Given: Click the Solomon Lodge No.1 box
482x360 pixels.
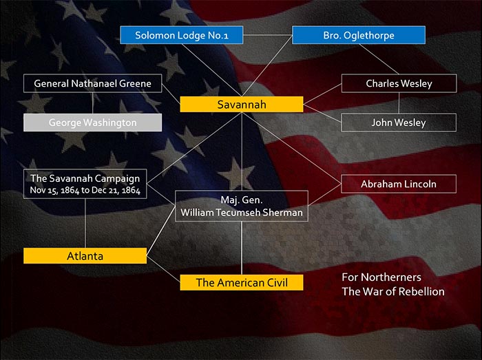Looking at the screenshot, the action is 182,35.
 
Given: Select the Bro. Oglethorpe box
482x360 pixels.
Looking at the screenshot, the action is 359,35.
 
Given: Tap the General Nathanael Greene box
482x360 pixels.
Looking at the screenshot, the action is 92,83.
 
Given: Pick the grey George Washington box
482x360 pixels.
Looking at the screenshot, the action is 92,123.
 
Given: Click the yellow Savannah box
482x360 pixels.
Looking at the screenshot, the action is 242,105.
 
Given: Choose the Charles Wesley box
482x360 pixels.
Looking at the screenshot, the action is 399,83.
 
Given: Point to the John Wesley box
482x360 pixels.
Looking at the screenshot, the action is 399,123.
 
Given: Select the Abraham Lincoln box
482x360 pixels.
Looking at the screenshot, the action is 399,184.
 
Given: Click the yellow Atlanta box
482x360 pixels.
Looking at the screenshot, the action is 85,256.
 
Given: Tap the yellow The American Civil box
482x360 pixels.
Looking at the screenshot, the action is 242,283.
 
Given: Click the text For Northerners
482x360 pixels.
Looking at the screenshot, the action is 381,277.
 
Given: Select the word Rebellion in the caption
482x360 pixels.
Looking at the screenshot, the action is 424,291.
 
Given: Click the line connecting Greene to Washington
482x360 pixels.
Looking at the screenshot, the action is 92,103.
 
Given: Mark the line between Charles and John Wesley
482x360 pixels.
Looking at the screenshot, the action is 399,103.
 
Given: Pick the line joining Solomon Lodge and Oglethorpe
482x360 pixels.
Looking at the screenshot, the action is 267,35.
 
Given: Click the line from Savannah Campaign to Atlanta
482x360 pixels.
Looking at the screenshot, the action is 85,223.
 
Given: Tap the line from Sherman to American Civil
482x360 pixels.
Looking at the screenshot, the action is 242,248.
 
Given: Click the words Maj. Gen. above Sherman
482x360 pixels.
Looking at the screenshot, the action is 242,200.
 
